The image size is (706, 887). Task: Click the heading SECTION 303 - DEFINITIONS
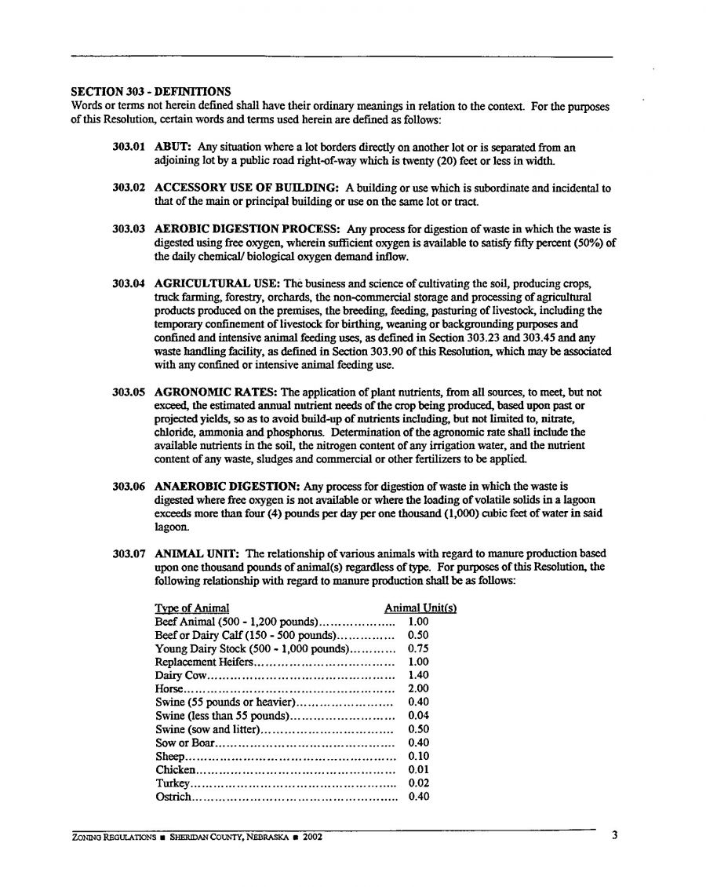coord(147,92)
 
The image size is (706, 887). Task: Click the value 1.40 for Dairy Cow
coord(419,675)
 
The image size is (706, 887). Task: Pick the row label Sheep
coord(169,757)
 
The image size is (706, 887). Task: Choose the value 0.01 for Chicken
coord(419,770)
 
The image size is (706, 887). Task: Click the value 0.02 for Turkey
coord(419,783)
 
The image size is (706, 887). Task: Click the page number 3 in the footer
coord(614,835)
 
